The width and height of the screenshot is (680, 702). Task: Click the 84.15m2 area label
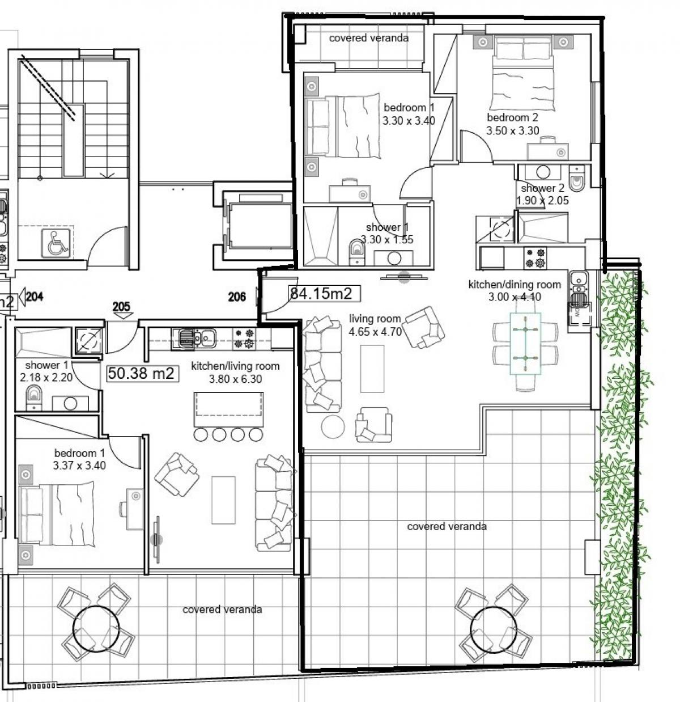click(x=321, y=293)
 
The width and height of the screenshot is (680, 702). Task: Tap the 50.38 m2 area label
click(x=141, y=373)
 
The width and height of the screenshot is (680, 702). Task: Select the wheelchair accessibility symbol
click(x=56, y=243)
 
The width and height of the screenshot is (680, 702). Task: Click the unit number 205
click(x=121, y=306)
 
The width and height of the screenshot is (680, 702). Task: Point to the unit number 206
click(x=237, y=297)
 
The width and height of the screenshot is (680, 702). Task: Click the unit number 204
click(x=35, y=297)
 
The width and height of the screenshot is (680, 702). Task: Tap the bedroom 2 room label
click(x=512, y=117)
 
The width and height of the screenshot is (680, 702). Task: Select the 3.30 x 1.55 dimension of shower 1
click(x=387, y=239)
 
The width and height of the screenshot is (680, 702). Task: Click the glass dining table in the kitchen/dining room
click(x=525, y=342)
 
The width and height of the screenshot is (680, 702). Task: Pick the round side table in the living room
click(x=333, y=426)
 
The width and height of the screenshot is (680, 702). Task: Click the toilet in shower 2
click(x=576, y=178)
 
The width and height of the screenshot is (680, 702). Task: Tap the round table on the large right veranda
click(x=493, y=629)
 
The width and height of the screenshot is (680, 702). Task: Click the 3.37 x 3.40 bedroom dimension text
click(x=79, y=465)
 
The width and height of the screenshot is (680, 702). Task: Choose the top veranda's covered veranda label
click(x=368, y=38)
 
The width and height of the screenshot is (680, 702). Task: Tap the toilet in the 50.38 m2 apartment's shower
click(x=33, y=397)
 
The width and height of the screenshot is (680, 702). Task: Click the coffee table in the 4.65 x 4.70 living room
click(x=372, y=369)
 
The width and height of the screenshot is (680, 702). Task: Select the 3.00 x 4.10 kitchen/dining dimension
click(x=515, y=297)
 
